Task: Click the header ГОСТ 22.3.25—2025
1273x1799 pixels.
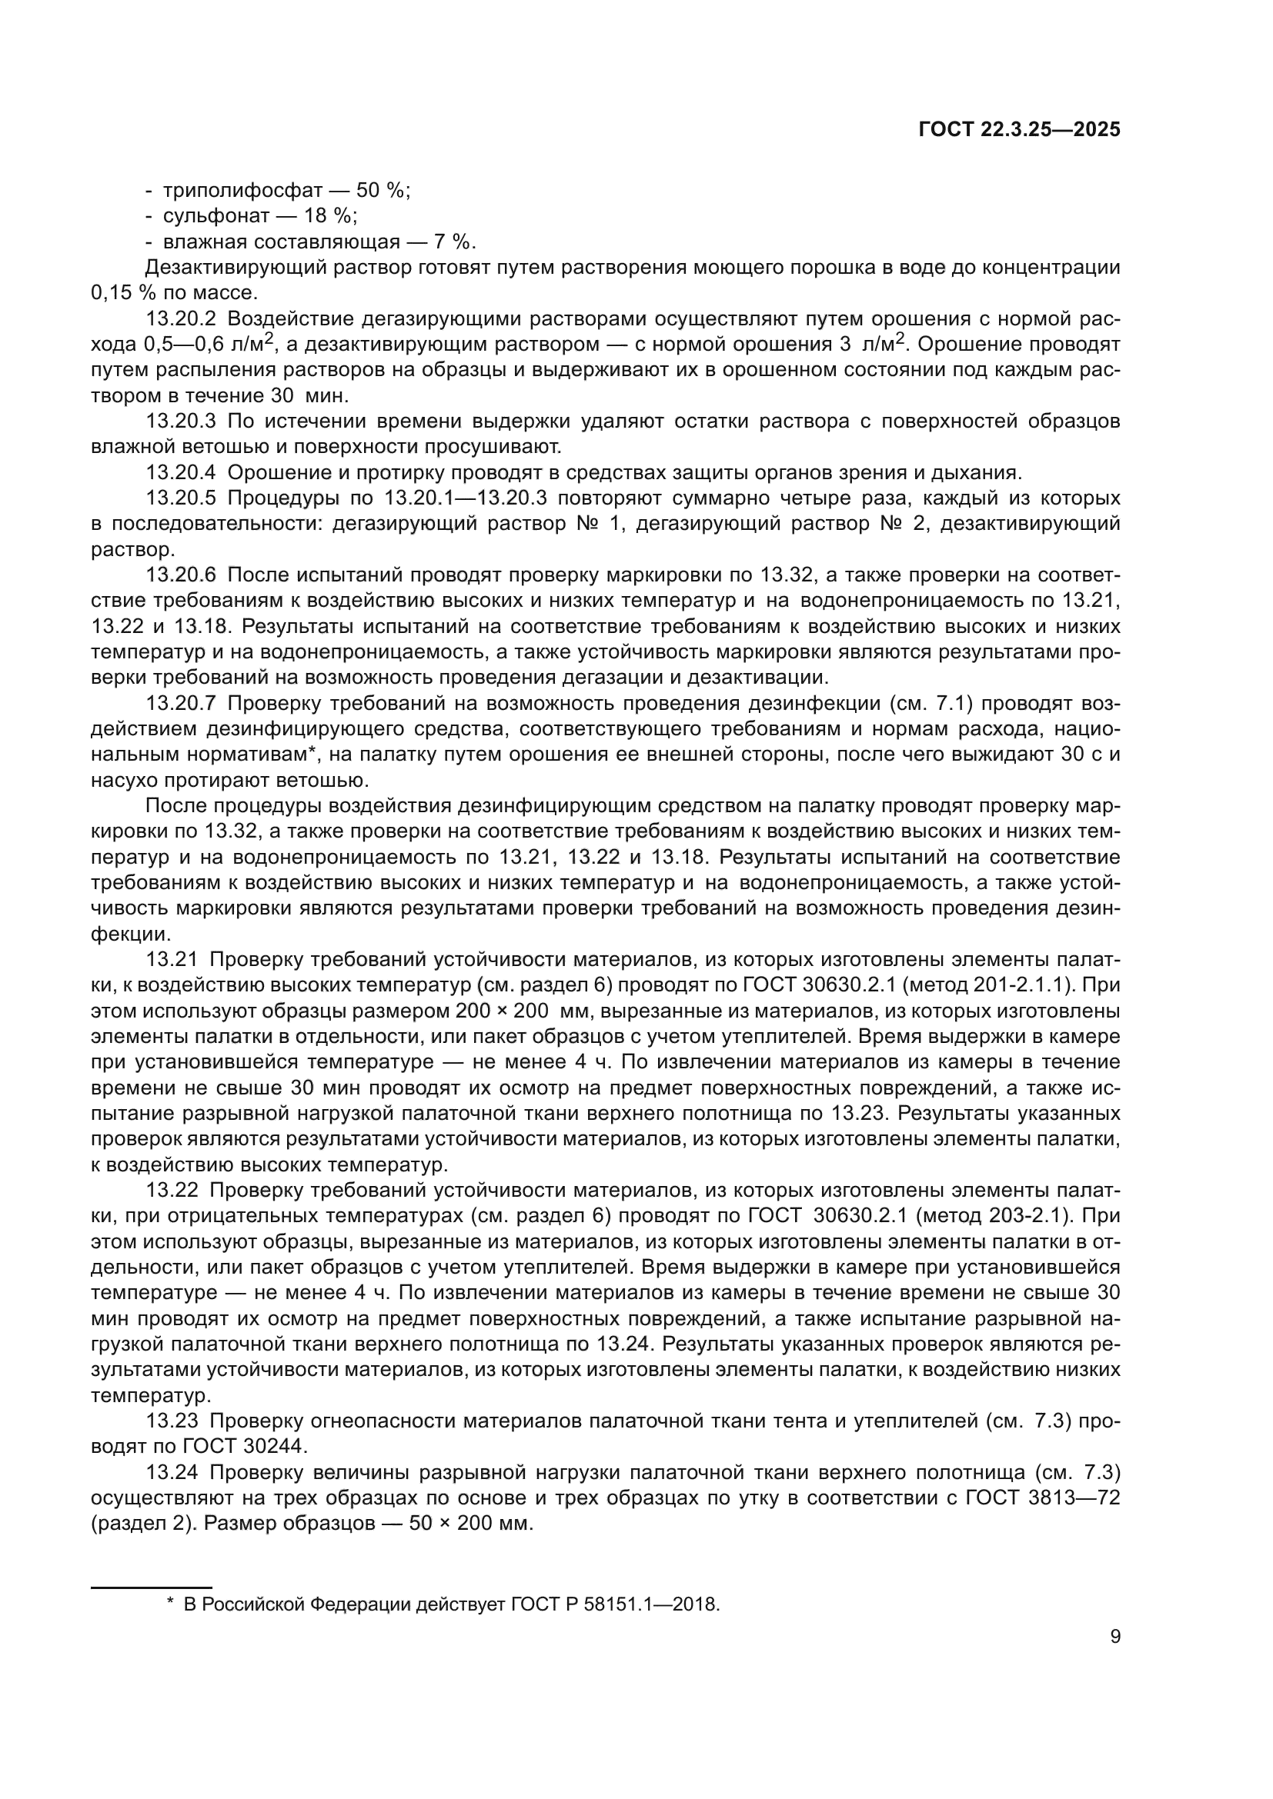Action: pos(1019,130)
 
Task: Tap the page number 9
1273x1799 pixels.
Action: pos(1115,1636)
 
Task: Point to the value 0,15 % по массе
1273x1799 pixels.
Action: pos(173,293)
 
